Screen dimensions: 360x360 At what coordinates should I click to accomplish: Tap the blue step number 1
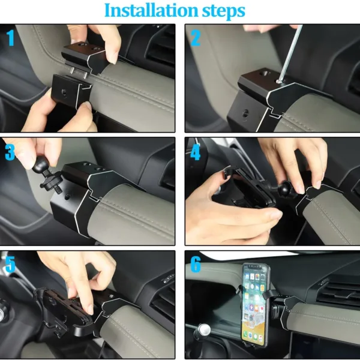[11, 38]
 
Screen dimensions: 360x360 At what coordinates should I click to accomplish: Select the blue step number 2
[195, 38]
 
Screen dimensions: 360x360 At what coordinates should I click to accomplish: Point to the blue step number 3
[10, 152]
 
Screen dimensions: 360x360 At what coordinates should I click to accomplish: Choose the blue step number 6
[195, 265]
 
